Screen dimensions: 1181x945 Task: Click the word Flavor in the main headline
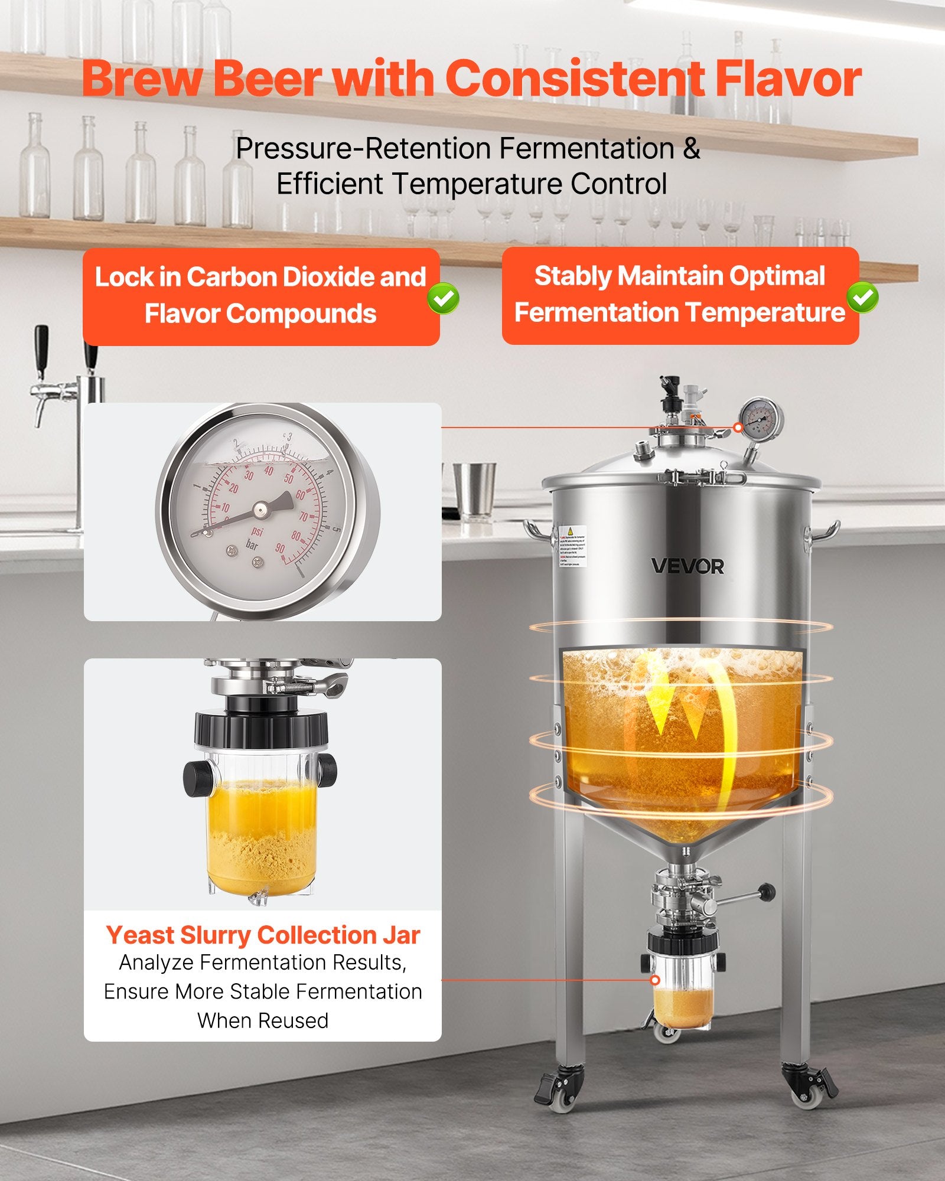point(788,79)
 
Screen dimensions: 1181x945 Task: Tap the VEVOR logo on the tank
point(687,566)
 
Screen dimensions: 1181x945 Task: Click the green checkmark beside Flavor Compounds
point(444,298)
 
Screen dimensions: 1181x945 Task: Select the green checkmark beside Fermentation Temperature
point(862,298)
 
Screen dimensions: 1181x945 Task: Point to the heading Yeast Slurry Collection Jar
point(263,935)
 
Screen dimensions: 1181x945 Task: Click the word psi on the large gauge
point(257,532)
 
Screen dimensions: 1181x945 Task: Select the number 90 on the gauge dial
point(279,549)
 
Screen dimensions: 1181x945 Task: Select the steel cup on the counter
point(474,490)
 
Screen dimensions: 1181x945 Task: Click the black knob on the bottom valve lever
point(767,890)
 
